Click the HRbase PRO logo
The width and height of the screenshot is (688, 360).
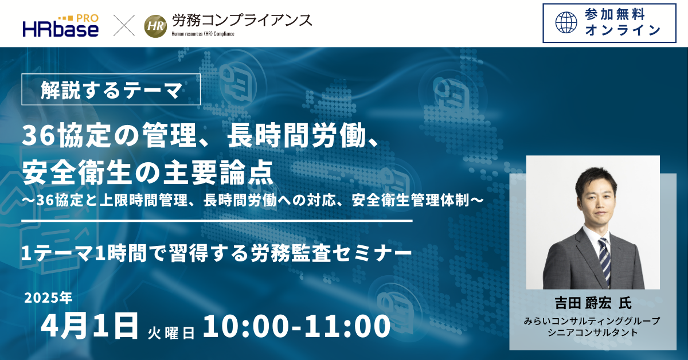pyautogui.click(x=61, y=26)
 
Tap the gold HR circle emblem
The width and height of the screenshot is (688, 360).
pyautogui.click(x=156, y=26)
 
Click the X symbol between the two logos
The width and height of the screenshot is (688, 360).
pyautogui.click(x=124, y=25)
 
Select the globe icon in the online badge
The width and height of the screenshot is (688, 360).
pyautogui.click(x=566, y=22)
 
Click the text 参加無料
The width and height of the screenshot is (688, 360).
pyautogui.click(x=614, y=14)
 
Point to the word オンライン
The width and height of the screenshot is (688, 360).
pyautogui.click(x=623, y=30)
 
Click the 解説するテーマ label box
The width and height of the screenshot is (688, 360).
pyautogui.click(x=111, y=89)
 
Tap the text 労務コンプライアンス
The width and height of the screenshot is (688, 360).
pyautogui.click(x=242, y=21)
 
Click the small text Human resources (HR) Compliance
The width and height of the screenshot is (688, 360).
pyautogui.click(x=203, y=34)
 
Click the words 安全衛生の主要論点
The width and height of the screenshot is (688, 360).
pyautogui.click(x=148, y=173)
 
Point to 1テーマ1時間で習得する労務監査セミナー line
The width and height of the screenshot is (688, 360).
pyautogui.click(x=216, y=253)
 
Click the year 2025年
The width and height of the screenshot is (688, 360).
pyautogui.click(x=48, y=298)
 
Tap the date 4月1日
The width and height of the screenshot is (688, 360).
pyautogui.click(x=89, y=326)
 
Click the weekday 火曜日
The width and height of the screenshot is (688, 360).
pyautogui.click(x=171, y=333)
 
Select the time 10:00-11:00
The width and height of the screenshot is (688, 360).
pyautogui.click(x=297, y=326)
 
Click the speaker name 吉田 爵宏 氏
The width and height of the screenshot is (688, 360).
pyautogui.click(x=593, y=303)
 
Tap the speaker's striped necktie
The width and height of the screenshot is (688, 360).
pyautogui.click(x=604, y=261)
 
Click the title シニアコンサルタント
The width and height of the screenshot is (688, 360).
pyautogui.click(x=593, y=332)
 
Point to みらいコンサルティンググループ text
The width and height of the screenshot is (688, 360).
pyautogui.click(x=592, y=321)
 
